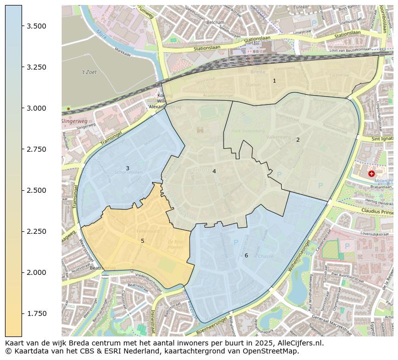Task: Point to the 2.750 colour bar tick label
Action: point(37,149)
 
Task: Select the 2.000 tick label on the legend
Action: point(37,272)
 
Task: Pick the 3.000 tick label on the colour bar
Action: point(37,108)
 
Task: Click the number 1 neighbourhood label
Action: point(274,81)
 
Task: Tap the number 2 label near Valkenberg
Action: point(298,140)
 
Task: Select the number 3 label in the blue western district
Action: point(127,168)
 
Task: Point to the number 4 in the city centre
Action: point(214,171)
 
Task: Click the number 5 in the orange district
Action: point(142,241)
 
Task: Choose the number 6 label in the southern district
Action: point(246,255)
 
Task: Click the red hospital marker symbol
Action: point(371,174)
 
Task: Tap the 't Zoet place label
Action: point(89,72)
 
